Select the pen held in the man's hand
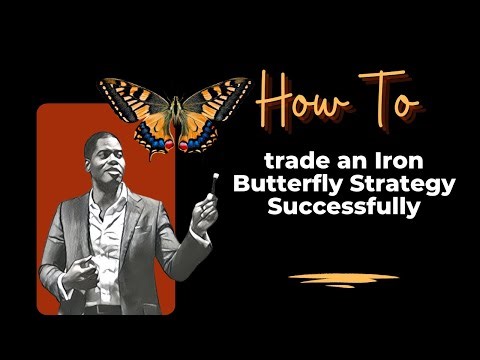click(x=213, y=184)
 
